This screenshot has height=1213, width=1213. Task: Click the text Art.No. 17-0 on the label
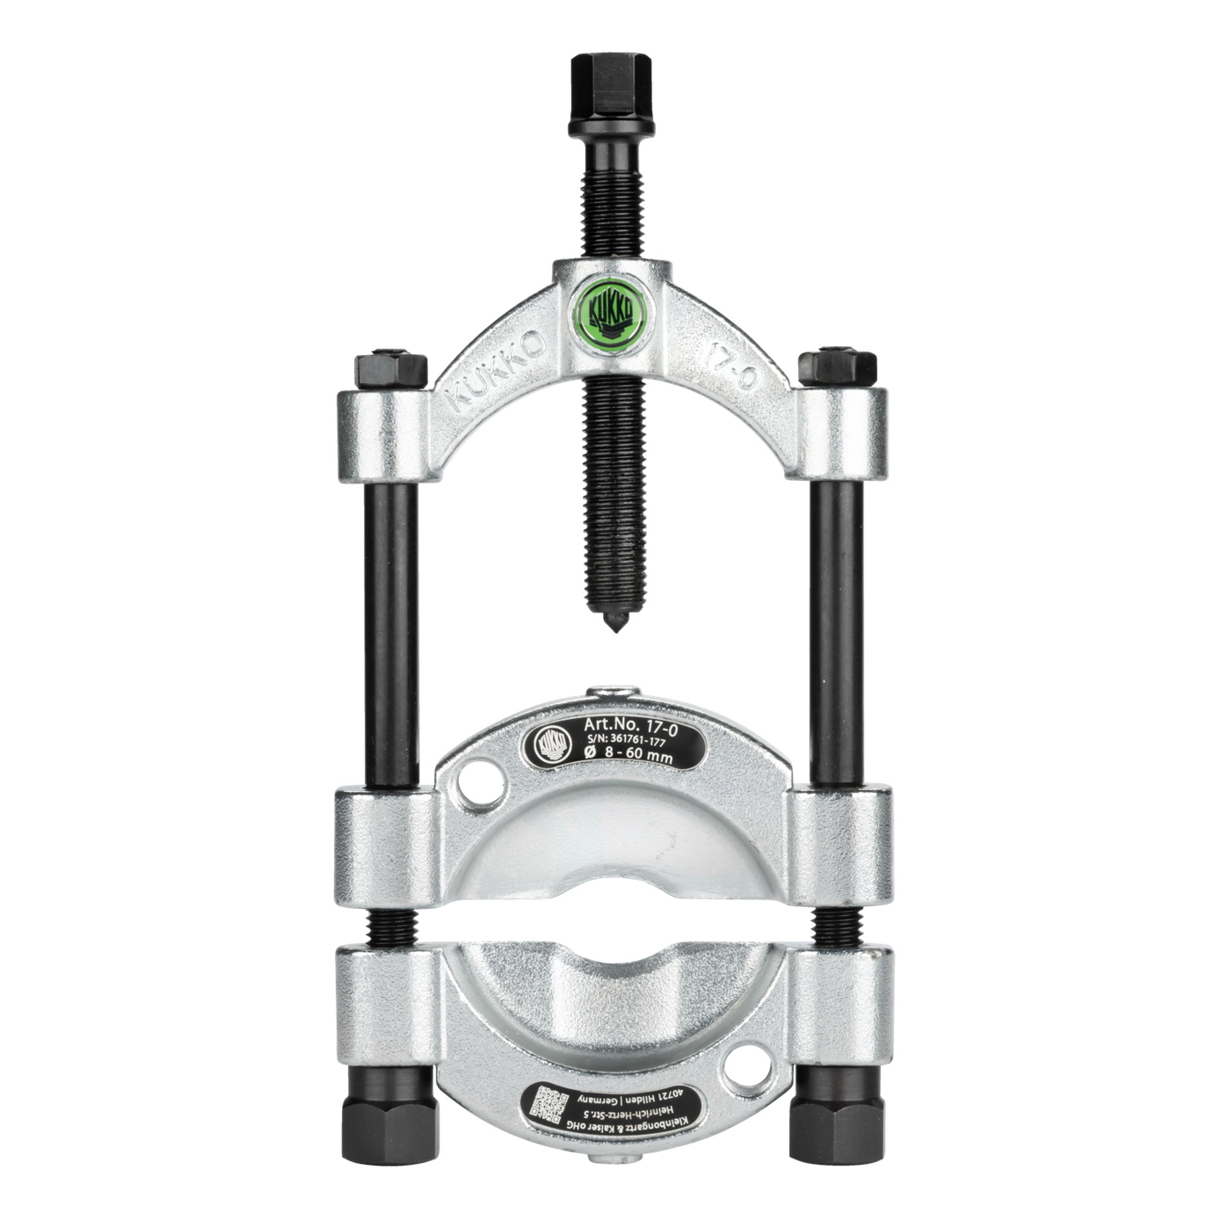629,723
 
